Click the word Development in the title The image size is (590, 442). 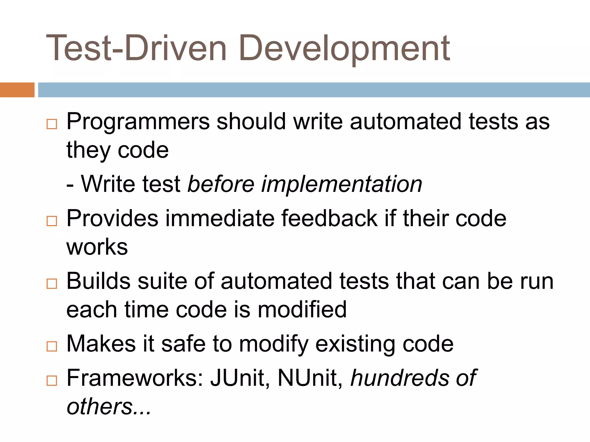click(x=344, y=48)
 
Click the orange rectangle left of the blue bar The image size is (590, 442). click(x=17, y=90)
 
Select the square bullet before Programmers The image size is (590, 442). click(x=52, y=124)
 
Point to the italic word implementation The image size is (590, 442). click(x=341, y=184)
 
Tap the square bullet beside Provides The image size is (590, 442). click(x=52, y=221)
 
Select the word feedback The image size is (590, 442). click(x=329, y=218)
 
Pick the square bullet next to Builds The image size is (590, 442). click(x=52, y=284)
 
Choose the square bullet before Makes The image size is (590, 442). click(x=52, y=346)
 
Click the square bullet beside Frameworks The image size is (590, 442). click(x=52, y=380)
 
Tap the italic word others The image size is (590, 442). click(x=99, y=406)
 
